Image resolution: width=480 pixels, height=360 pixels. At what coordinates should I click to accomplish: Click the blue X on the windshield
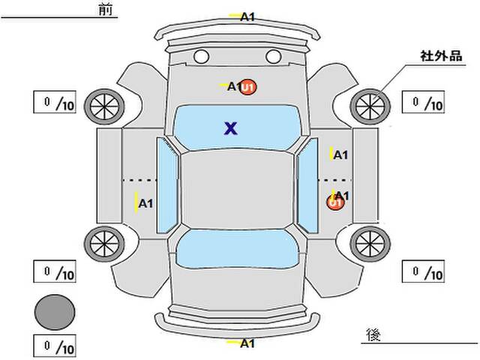point(231,128)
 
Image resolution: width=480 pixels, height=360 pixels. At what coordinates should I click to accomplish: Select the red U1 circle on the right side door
point(334,202)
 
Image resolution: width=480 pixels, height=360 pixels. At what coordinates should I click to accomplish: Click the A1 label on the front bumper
point(248,16)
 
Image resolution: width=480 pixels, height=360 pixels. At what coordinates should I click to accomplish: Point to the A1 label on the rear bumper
point(248,343)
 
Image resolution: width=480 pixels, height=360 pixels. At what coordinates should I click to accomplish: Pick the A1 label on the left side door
point(145,202)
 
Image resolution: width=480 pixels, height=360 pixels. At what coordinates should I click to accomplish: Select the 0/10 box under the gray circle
point(55,347)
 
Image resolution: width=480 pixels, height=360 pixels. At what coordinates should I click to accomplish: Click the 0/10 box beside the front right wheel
point(424,103)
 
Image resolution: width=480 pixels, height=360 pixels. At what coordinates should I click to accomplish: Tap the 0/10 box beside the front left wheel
point(55,103)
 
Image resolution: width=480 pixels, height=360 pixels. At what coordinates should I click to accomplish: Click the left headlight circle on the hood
point(201,56)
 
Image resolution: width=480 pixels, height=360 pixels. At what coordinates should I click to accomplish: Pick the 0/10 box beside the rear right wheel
point(424,270)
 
